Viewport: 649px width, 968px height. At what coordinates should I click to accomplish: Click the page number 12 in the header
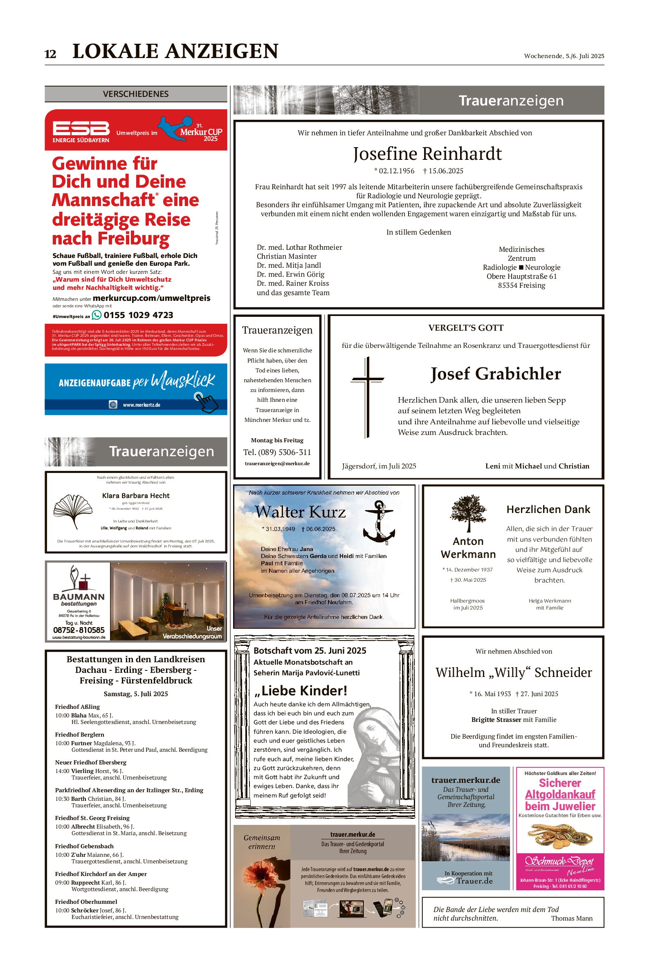[x=50, y=54]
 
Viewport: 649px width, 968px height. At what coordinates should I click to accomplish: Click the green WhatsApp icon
[x=97, y=315]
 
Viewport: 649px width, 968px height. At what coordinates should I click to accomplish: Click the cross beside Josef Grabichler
[x=367, y=396]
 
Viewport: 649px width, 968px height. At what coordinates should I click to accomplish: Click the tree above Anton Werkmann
[x=468, y=513]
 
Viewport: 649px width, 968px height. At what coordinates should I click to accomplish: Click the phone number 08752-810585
[x=79, y=630]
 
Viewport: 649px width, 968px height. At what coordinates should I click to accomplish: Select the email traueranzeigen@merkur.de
[x=277, y=463]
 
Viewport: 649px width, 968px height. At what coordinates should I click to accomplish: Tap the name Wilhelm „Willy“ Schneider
[x=513, y=672]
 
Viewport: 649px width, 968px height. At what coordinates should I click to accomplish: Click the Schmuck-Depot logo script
[x=559, y=862]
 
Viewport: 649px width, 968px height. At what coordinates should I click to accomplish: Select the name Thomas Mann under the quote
[x=571, y=919]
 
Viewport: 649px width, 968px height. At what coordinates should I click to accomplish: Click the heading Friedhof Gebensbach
[x=84, y=846]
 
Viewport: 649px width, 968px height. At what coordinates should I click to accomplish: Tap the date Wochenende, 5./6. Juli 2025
[x=564, y=56]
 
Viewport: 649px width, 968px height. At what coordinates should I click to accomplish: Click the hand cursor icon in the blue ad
[x=206, y=402]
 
